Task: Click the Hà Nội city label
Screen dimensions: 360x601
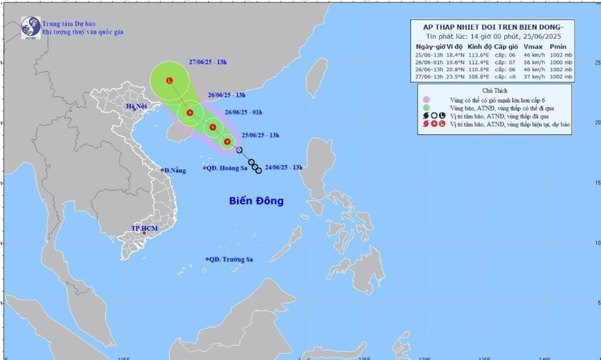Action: [137, 106]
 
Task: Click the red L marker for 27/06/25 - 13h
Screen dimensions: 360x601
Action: [170, 81]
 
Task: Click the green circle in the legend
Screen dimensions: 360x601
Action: [424, 106]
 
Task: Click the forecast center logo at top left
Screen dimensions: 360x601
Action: [29, 28]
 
